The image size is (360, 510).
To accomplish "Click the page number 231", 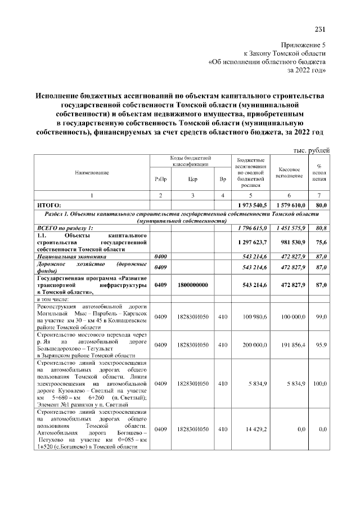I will (x=320, y=30).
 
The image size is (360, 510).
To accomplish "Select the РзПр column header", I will (x=160, y=179).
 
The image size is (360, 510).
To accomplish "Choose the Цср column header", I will (x=193, y=179).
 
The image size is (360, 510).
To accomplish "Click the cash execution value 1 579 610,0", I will (x=291, y=205).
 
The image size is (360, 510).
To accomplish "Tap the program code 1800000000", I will (x=193, y=285).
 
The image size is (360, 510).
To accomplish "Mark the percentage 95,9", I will (x=322, y=344).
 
